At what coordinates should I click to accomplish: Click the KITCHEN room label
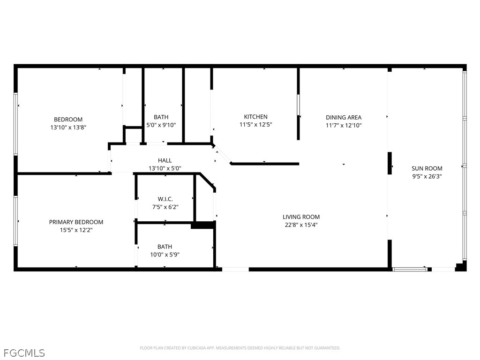pos(255,117)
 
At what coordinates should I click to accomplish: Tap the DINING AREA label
pos(344,117)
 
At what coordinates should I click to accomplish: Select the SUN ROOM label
pos(427,168)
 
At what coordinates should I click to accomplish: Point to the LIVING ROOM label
pos(301,217)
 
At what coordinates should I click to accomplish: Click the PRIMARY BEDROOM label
pos(76,222)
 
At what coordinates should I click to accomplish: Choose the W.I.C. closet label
pos(165,199)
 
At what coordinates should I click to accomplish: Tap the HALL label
pos(165,160)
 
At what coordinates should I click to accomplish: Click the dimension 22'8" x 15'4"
pos(301,225)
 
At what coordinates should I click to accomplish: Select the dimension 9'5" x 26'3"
pos(427,176)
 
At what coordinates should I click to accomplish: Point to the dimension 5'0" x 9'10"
pos(161,125)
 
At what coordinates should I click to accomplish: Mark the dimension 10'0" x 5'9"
pos(165,255)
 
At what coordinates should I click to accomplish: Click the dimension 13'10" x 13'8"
pos(68,127)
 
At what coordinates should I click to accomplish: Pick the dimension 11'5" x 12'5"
pos(255,125)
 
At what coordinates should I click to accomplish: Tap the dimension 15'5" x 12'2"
pos(76,230)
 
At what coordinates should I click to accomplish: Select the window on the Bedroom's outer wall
pos(15,124)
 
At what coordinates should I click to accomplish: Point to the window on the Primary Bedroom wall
pos(15,220)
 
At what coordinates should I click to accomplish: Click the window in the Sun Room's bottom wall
pos(410,270)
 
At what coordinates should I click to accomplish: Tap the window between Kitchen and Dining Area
pos(299,105)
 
